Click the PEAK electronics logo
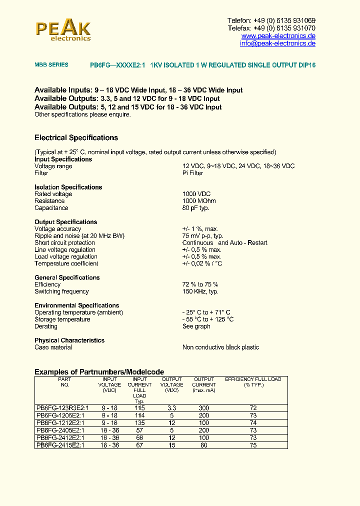(63, 29)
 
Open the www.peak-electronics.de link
(278, 36)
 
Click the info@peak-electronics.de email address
(277, 43)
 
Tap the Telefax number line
(271, 28)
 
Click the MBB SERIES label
(51, 65)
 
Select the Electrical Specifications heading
(76, 137)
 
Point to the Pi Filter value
(192, 173)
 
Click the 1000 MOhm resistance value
(199, 201)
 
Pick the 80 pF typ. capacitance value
(195, 208)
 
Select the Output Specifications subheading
(65, 222)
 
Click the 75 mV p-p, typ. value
(202, 236)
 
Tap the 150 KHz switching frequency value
(200, 291)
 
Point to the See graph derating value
(196, 326)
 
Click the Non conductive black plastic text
(220, 347)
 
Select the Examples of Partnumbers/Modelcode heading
(99, 372)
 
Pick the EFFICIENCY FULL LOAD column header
(253, 382)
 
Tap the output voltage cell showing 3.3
(171, 408)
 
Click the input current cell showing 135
(139, 422)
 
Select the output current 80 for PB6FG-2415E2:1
(203, 445)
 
